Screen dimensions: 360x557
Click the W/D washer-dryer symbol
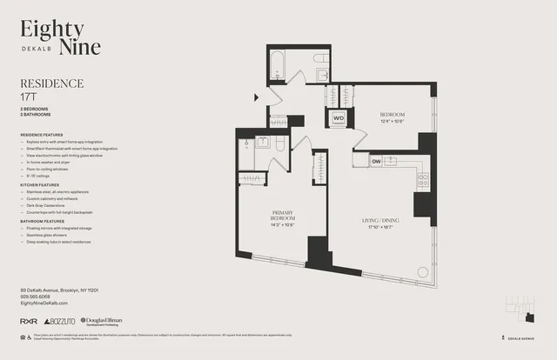point(338,119)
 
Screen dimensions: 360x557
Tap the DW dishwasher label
point(377,161)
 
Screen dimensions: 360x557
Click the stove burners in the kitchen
point(423,181)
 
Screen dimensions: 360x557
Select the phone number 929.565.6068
point(41,297)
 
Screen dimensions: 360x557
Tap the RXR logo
point(28,322)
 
